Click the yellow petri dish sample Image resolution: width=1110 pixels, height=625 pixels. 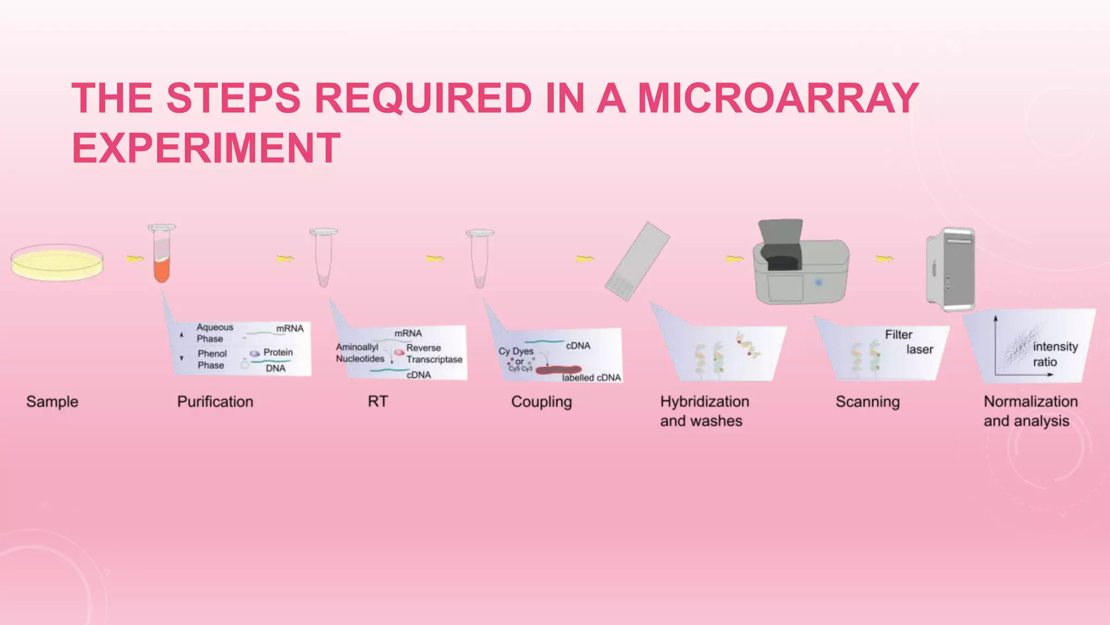[x=57, y=263]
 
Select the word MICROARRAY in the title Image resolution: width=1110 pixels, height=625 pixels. [x=778, y=98]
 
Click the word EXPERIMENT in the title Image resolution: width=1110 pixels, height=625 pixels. [x=206, y=148]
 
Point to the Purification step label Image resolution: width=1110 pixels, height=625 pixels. [x=215, y=401]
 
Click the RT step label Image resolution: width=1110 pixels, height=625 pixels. [x=378, y=401]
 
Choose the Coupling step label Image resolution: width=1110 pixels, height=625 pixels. [x=541, y=401]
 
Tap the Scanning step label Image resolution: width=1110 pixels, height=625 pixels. [x=867, y=401]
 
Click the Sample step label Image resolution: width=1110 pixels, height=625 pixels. [x=52, y=401]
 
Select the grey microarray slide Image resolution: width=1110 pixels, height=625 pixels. [x=637, y=262]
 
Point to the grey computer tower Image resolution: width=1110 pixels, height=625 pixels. [x=951, y=269]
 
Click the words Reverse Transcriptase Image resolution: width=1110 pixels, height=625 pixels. [x=434, y=353]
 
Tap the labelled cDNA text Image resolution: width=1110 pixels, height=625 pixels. [x=591, y=378]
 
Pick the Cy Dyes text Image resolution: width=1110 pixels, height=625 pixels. [x=516, y=351]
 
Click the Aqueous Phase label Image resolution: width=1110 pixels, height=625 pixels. [x=214, y=333]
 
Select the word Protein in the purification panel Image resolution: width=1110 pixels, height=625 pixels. [x=278, y=352]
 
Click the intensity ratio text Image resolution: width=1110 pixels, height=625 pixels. [x=1054, y=354]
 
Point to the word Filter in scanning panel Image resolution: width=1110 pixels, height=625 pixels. [x=898, y=335]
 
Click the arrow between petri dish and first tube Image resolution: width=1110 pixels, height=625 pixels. [x=135, y=259]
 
